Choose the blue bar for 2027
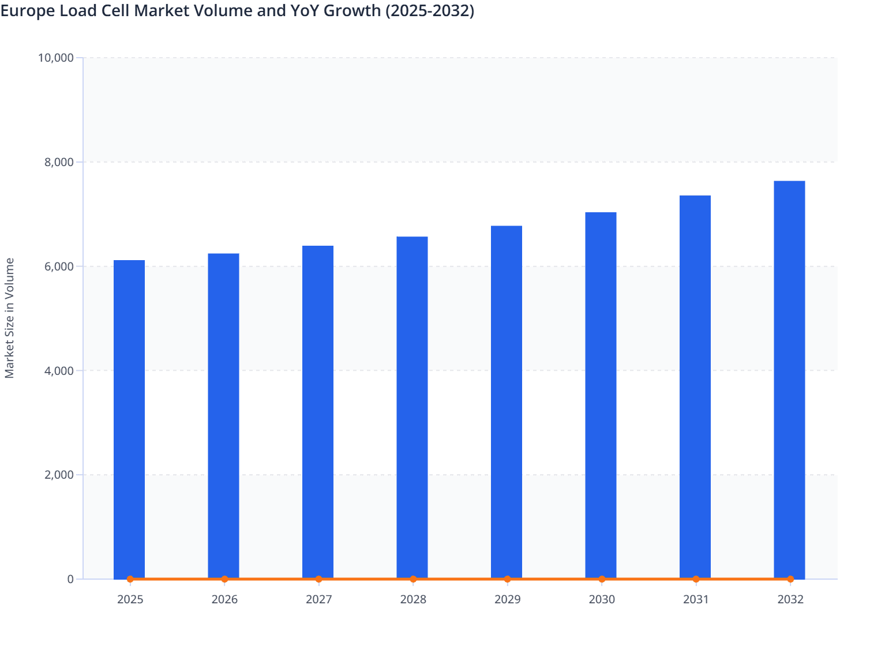[x=318, y=412]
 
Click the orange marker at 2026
[x=224, y=579]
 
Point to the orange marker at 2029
[x=507, y=579]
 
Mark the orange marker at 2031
[x=696, y=579]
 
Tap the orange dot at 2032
[x=790, y=579]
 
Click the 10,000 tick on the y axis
[x=55, y=58]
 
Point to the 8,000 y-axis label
[x=59, y=162]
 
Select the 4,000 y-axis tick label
[x=59, y=371]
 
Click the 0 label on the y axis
[x=70, y=579]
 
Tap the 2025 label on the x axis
[x=130, y=599]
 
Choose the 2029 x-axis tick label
[x=507, y=599]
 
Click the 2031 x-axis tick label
[x=696, y=599]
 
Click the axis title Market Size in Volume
[x=9, y=318]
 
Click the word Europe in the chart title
[x=25, y=10]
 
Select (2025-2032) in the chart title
[x=429, y=10]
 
